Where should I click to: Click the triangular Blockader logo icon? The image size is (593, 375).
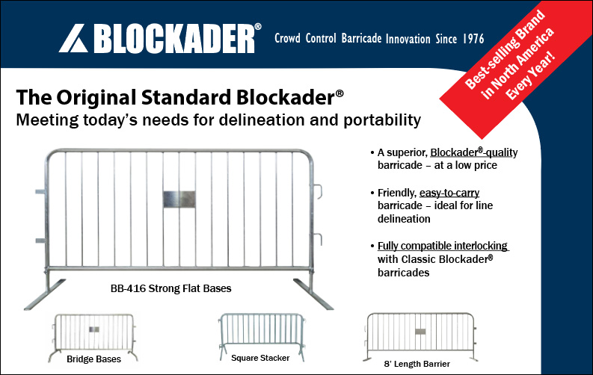(74, 39)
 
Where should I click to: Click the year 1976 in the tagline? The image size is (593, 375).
(473, 39)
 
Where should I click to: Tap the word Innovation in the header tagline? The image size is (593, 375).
(408, 39)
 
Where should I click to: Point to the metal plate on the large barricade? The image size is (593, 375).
(179, 199)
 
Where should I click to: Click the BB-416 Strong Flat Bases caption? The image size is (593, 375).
(170, 288)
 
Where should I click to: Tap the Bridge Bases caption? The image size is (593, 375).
(93, 359)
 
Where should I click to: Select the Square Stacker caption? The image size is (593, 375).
(260, 358)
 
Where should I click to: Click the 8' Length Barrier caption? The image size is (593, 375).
(417, 364)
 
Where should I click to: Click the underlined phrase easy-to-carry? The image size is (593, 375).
(449, 193)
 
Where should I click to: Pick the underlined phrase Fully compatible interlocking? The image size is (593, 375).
(443, 246)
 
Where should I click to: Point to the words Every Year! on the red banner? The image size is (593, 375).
(531, 76)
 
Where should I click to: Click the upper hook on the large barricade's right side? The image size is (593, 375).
(318, 191)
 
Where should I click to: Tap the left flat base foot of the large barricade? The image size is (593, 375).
(45, 295)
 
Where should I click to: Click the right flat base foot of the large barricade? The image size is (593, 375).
(313, 294)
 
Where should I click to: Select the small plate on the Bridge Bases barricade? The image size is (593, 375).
(94, 329)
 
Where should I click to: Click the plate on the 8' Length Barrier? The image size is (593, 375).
(420, 332)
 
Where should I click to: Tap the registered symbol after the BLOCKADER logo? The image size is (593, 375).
(257, 26)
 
